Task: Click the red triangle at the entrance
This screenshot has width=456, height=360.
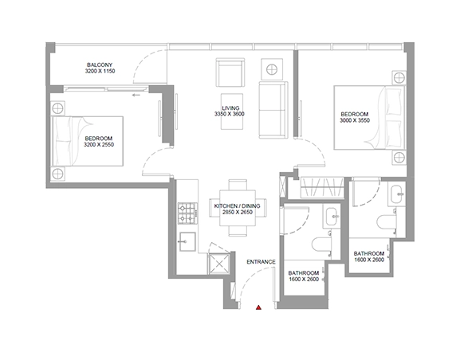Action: (258, 307)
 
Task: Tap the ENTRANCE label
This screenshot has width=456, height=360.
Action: (261, 262)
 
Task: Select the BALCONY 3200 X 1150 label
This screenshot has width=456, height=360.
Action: (100, 68)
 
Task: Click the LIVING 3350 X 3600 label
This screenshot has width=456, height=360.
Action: (230, 111)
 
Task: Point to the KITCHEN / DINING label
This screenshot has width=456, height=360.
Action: (237, 206)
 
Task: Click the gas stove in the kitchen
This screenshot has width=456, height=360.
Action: (187, 213)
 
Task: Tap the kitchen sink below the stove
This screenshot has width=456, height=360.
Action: (187, 241)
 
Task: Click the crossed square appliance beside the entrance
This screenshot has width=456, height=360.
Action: (219, 264)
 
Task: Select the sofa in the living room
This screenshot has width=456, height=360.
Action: (273, 110)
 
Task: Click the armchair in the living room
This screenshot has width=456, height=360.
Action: (230, 72)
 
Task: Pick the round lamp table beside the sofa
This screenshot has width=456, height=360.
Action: (272, 69)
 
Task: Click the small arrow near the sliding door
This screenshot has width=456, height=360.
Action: (136, 95)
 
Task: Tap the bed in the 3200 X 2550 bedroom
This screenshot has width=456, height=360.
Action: (87, 141)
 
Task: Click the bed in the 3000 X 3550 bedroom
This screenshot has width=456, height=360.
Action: (369, 118)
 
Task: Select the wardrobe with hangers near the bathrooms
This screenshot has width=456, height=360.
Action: (322, 187)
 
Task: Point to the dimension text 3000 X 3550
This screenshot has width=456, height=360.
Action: (355, 120)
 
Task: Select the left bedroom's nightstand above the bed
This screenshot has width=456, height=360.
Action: (57, 108)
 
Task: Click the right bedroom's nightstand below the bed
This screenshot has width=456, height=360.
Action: (399, 158)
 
